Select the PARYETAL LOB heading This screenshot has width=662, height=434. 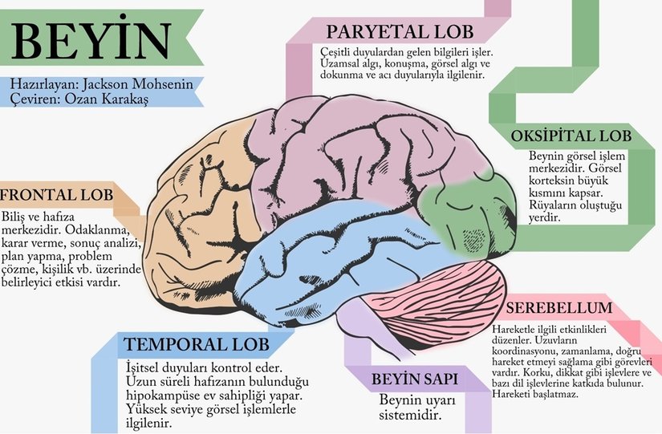pos(400,32)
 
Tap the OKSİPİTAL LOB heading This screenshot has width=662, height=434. pos(572,136)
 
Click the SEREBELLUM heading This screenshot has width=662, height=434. pos(560,309)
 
